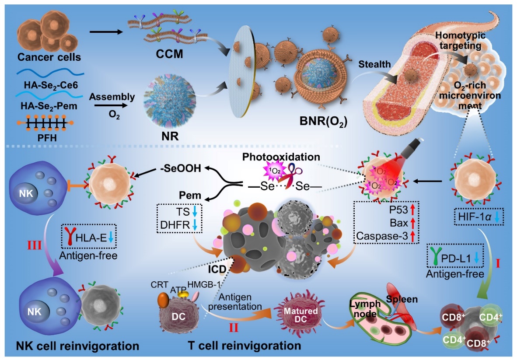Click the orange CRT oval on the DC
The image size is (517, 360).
point(164,304)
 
